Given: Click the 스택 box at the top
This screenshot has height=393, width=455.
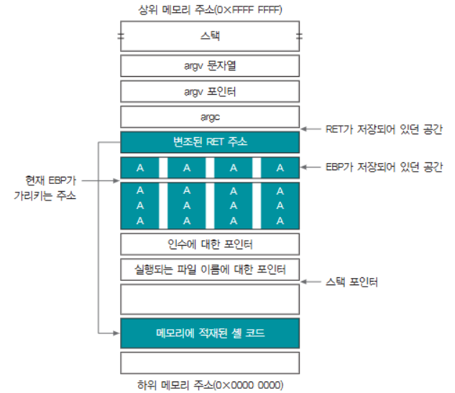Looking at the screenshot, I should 209,35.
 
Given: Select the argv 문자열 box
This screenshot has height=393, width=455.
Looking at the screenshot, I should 209,65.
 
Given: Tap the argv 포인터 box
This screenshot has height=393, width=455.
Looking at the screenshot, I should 209,91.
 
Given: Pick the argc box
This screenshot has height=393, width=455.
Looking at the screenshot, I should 209,116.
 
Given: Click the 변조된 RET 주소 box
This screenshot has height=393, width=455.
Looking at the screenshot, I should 209,142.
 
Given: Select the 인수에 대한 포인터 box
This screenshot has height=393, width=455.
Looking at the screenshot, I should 209,244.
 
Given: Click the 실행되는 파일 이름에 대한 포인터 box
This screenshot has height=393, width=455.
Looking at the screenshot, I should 209,270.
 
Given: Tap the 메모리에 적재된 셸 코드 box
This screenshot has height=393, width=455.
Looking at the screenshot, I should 209,333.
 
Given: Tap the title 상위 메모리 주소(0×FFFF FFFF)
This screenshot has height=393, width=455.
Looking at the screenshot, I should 209,10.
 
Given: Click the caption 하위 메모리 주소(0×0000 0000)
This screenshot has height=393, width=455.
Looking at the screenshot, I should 209,383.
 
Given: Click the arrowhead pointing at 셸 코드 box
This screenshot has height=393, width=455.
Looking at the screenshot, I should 116,333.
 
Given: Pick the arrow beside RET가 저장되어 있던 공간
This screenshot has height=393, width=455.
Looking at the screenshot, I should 313,129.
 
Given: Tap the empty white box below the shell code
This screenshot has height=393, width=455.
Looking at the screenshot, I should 209,360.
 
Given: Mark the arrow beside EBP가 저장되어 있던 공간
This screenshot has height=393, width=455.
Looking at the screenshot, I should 313,167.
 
